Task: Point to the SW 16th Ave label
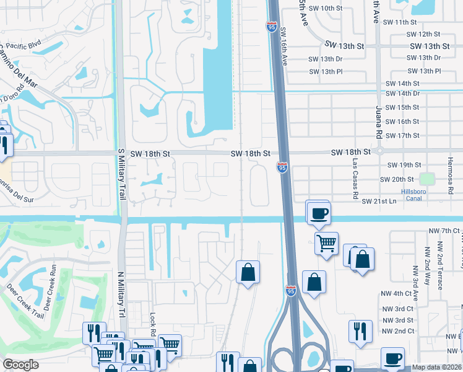(x=284, y=46)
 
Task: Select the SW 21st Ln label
(x=379, y=201)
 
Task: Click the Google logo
(x=21, y=365)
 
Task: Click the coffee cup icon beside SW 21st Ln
(x=319, y=215)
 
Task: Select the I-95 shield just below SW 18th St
(x=282, y=167)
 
